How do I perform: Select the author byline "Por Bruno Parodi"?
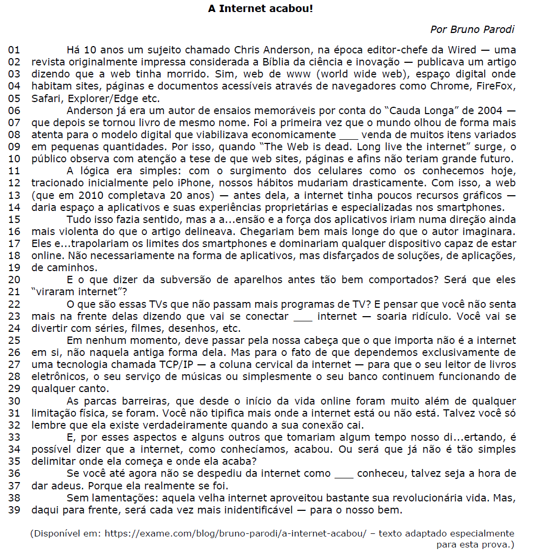(472, 29)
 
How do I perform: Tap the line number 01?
(14, 50)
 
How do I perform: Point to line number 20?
(14, 280)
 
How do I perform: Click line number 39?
(14, 510)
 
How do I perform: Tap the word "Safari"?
(45, 98)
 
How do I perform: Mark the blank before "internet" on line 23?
(302, 317)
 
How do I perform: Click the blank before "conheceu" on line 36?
(344, 474)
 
